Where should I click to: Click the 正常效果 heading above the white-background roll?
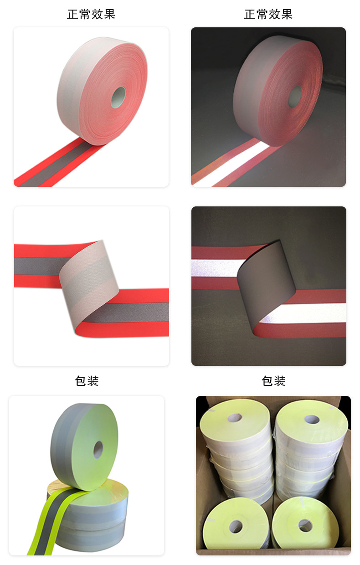tap(91, 15)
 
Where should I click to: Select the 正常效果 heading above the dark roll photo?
tap(268, 15)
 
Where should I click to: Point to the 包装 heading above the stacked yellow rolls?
tap(87, 381)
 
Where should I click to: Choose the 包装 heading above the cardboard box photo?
tap(273, 381)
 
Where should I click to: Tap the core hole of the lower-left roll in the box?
tap(236, 526)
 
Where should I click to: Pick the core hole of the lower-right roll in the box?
tap(305, 525)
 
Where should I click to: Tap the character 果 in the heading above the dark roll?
tap(287, 15)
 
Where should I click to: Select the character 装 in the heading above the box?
tap(280, 381)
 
